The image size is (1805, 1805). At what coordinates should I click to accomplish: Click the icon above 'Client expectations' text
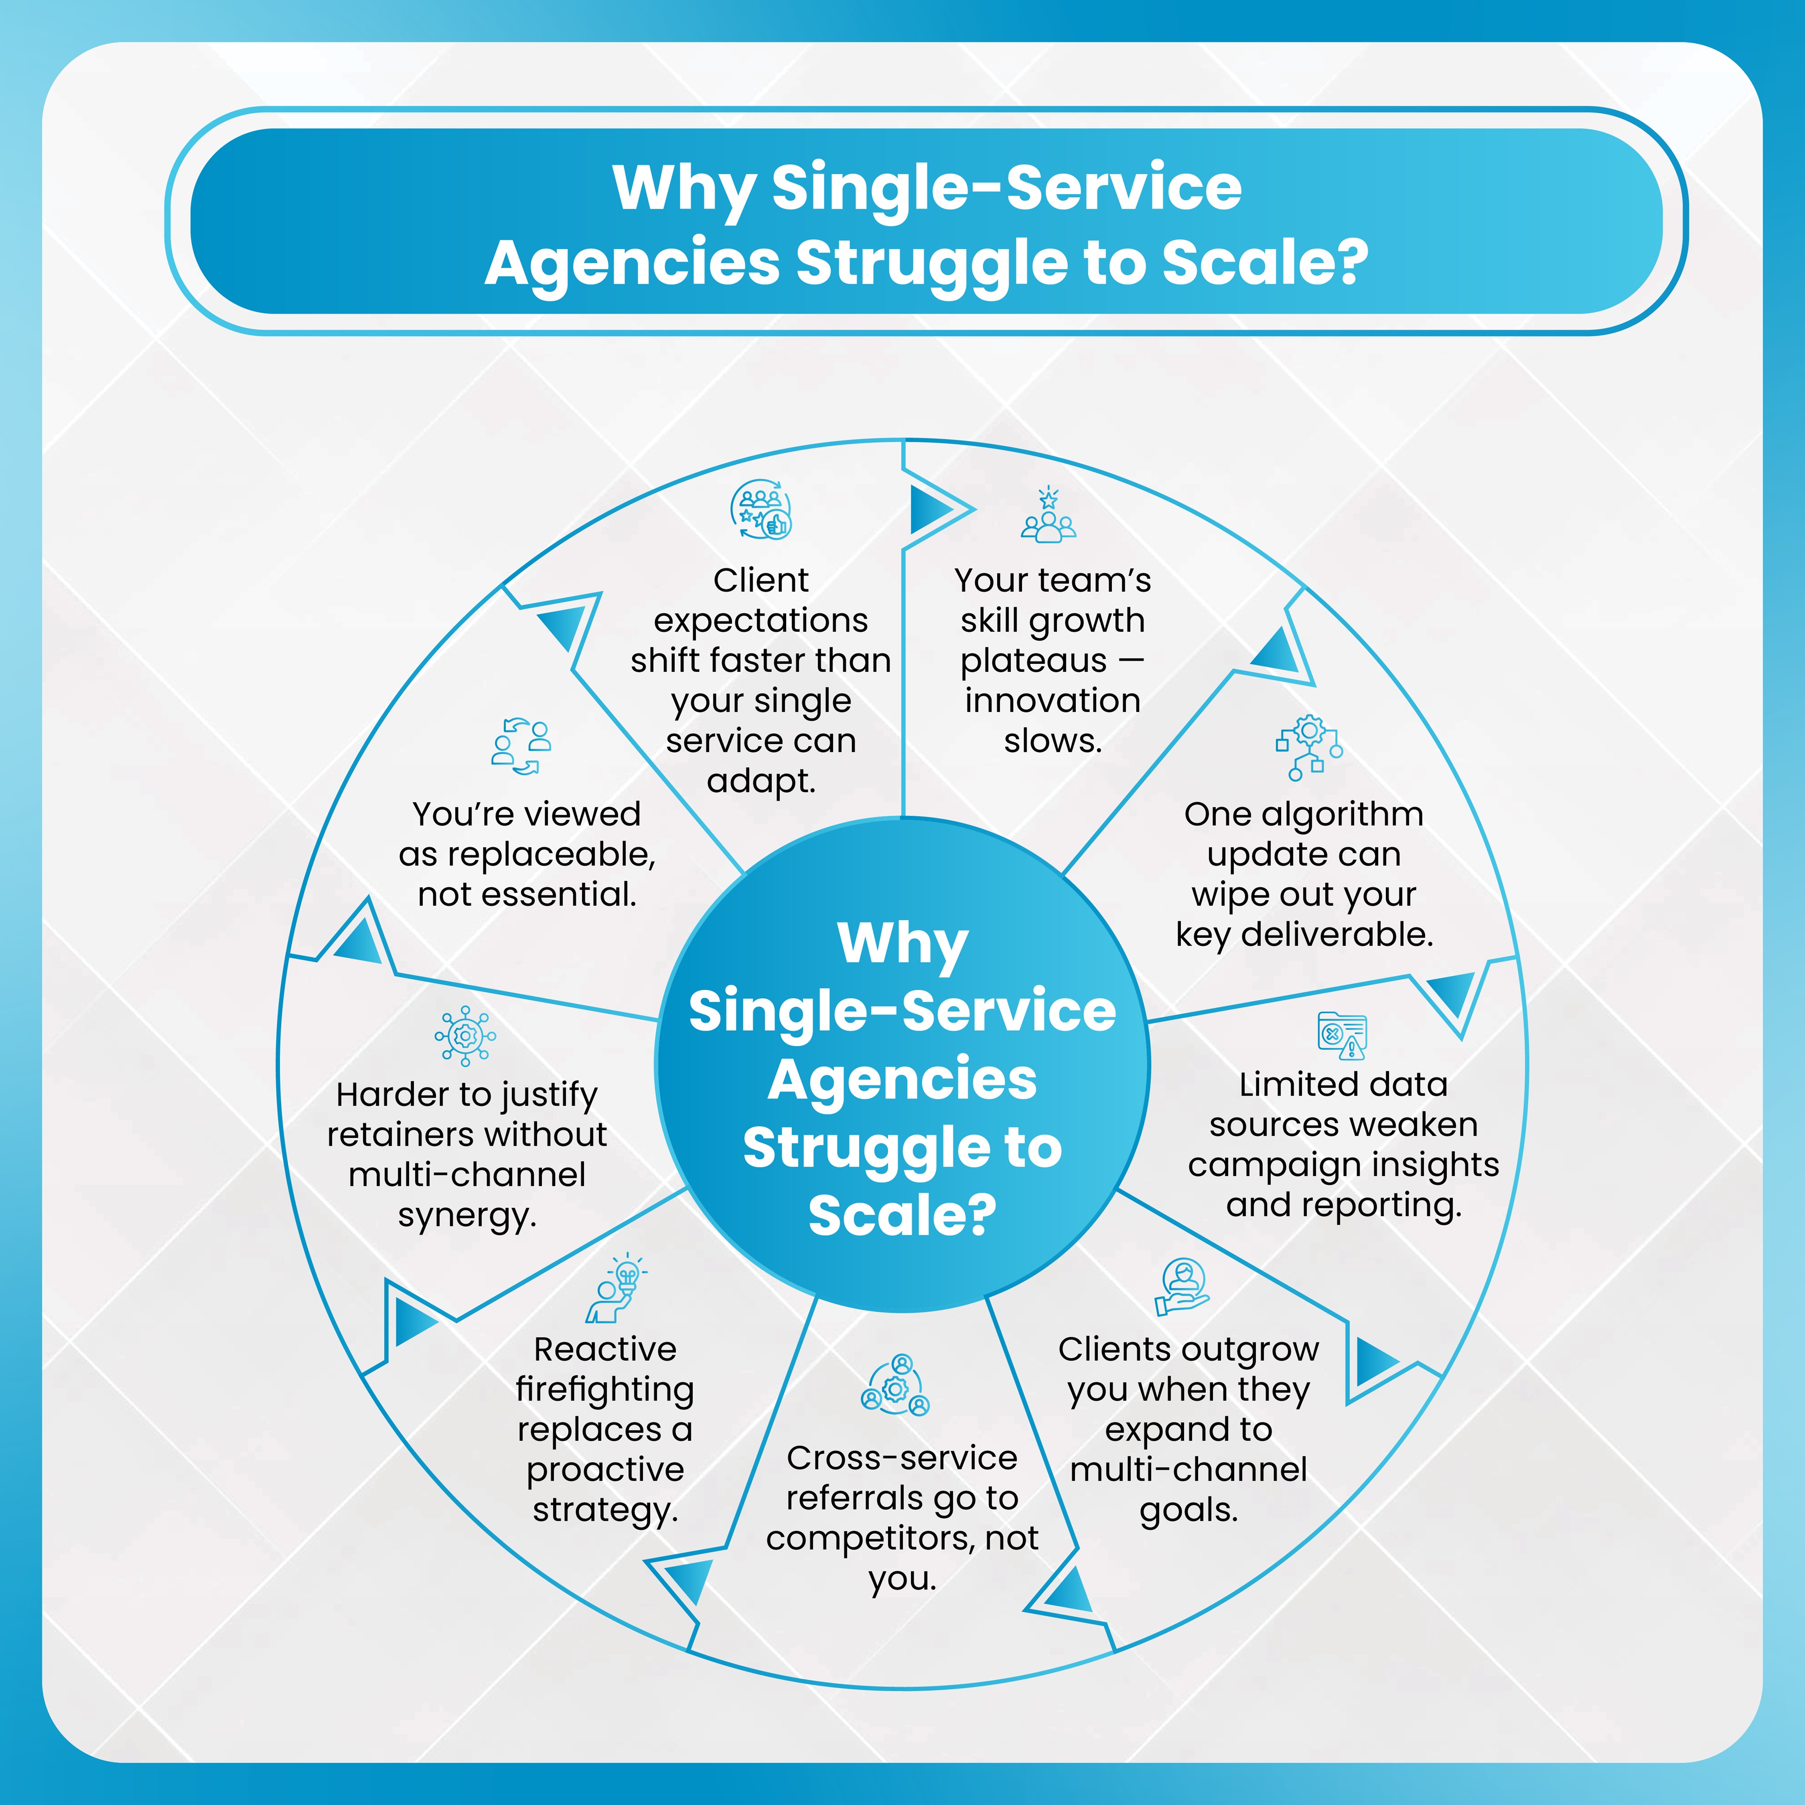[x=760, y=510]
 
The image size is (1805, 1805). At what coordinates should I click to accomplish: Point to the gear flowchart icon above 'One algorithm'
[x=1309, y=747]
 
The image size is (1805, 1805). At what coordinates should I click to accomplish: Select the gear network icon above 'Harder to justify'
[x=465, y=1035]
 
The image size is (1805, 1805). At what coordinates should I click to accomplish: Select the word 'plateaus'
[x=1033, y=662]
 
